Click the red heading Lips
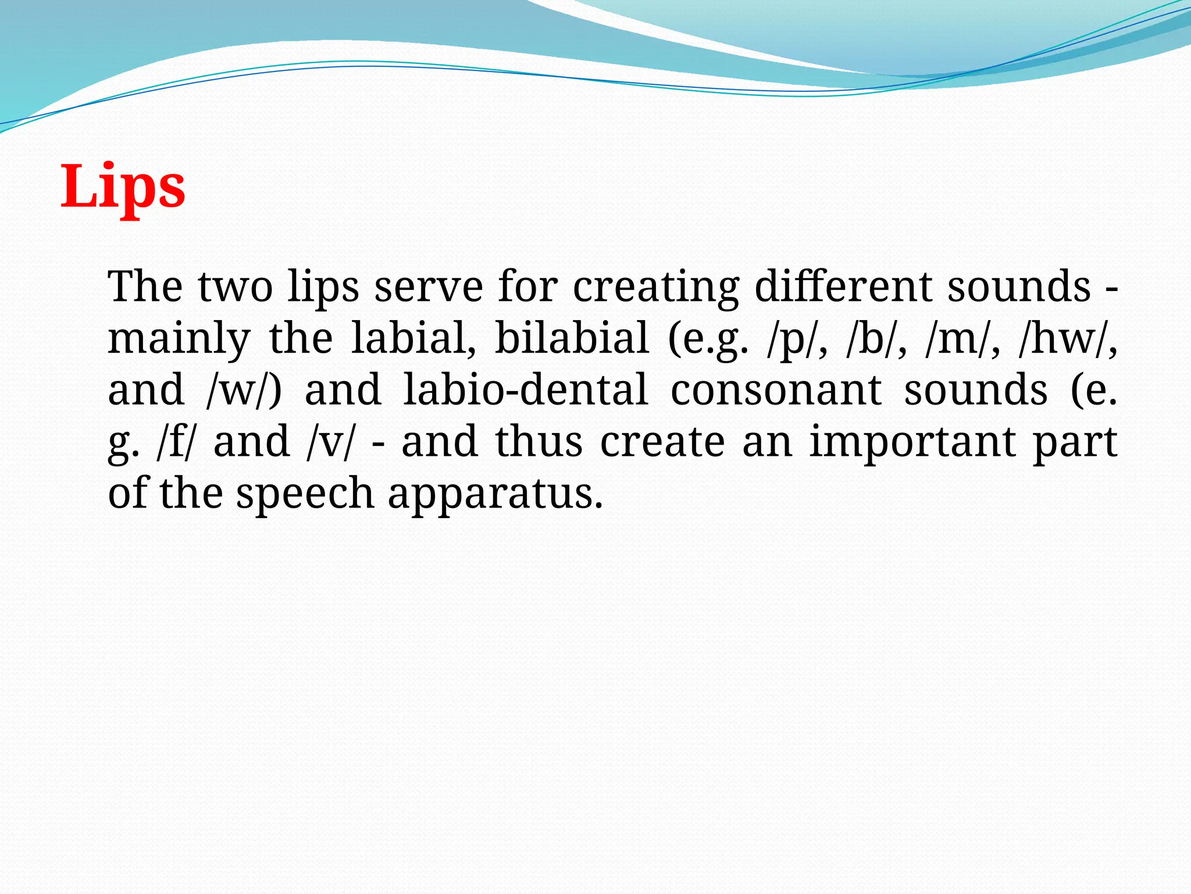click(123, 186)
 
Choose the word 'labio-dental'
click(526, 389)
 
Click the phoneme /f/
click(177, 441)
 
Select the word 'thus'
click(539, 441)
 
